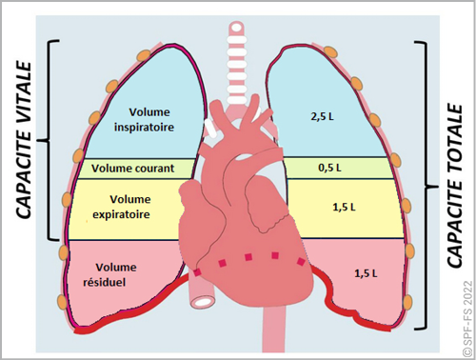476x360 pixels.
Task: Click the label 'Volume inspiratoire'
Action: click(x=145, y=119)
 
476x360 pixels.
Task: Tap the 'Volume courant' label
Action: click(x=133, y=168)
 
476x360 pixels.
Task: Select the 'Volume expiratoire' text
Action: click(x=122, y=207)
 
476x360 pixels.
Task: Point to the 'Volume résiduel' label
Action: click(x=109, y=274)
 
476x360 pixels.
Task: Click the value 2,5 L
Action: click(x=322, y=116)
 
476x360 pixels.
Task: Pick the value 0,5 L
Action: click(x=329, y=168)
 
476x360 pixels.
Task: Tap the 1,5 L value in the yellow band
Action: click(x=344, y=207)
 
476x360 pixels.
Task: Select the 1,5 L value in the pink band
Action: click(x=366, y=273)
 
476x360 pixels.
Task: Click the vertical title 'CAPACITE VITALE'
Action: click(x=24, y=140)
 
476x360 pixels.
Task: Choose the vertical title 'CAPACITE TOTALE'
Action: click(x=454, y=185)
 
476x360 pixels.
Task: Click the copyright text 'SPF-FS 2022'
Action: click(x=468, y=317)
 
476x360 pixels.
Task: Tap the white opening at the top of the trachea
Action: click(x=236, y=28)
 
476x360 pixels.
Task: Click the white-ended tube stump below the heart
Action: click(x=200, y=300)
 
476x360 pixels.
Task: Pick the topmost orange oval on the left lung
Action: click(x=144, y=55)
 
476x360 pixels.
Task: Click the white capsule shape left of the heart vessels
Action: click(x=209, y=128)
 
